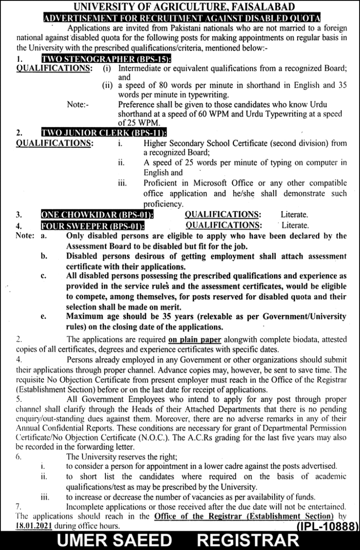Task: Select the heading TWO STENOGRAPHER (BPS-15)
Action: point(106,59)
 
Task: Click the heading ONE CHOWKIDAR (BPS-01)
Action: point(98,215)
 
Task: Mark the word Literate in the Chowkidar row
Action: point(294,215)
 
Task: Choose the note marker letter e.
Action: point(43,317)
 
